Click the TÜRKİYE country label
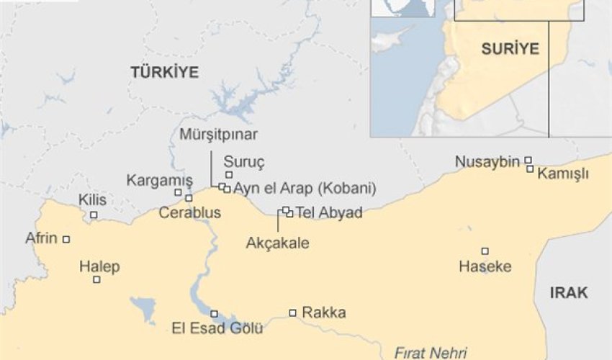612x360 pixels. point(164,71)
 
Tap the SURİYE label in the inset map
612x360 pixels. point(510,49)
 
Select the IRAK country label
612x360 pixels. point(569,292)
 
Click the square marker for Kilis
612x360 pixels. point(94,215)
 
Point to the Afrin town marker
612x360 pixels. point(66,239)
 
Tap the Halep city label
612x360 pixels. point(99,266)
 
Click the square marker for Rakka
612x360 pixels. point(293,312)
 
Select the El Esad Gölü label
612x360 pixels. point(217,329)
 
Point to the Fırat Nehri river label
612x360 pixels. point(430,353)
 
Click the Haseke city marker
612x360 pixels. point(485,251)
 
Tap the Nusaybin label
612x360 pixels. point(487,162)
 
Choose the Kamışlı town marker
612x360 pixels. point(530,169)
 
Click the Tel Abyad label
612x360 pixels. point(328,213)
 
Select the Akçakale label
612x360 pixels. point(277,243)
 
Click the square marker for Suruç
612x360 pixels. point(229,175)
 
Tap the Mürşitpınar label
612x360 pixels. point(219,135)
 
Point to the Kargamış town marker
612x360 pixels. point(178,192)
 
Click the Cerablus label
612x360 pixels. point(190,213)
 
